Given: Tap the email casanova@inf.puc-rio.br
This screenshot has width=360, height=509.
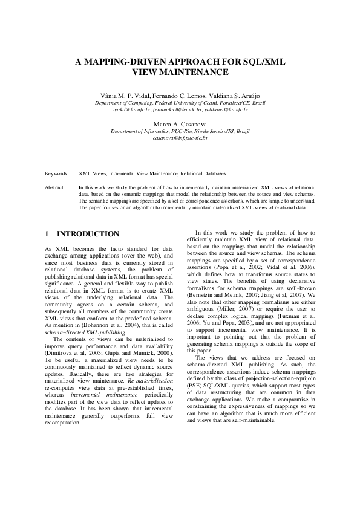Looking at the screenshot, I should pyautogui.click(x=180, y=138).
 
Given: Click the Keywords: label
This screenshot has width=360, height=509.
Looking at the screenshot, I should pyautogui.click(x=57, y=173).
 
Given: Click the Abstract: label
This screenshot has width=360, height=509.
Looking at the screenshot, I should pyautogui.click(x=55, y=188).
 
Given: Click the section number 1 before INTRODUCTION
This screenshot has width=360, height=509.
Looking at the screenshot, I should pyautogui.click(x=47, y=234).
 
